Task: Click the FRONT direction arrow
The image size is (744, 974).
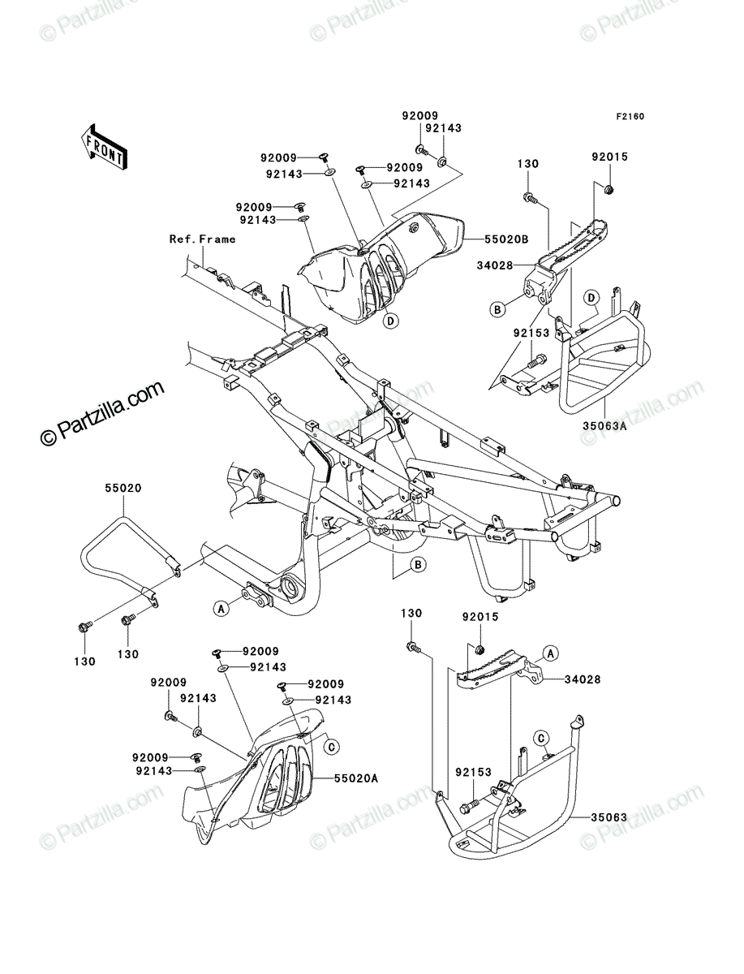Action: coord(104,146)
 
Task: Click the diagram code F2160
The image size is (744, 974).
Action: coord(630,117)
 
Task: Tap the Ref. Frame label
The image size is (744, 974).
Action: coord(203,239)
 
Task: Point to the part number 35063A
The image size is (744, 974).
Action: coord(604,426)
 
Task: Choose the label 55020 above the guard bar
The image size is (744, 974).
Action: coord(123,488)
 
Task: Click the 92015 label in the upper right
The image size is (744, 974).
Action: coord(609,157)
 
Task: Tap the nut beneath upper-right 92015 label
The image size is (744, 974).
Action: coord(609,190)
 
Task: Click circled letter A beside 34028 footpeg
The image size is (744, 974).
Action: coord(551,653)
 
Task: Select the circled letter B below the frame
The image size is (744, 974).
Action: coord(418,565)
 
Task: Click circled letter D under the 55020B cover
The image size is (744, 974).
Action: coord(390,321)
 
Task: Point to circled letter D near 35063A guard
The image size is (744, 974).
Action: coord(591,298)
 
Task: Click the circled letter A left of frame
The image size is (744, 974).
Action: coord(221,610)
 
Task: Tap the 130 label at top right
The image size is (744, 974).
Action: coord(527,164)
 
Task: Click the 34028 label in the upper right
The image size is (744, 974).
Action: coord(495,265)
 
